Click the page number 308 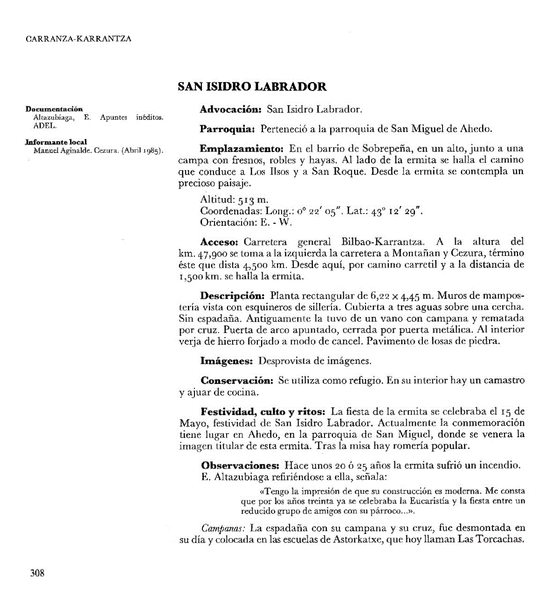pyautogui.click(x=37, y=573)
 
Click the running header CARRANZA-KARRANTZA pyautogui.click(x=79, y=39)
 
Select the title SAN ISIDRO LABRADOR pyautogui.click(x=252, y=87)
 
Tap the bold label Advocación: pyautogui.click(x=230, y=110)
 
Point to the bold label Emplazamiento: pyautogui.click(x=242, y=149)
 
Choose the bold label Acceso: pyautogui.click(x=219, y=242)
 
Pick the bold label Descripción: pyautogui.click(x=232, y=296)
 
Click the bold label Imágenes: pyautogui.click(x=226, y=361)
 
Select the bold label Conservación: pyautogui.click(x=237, y=381)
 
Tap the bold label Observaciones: pyautogui.click(x=240, y=465)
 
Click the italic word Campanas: pyautogui.click(x=223, y=528)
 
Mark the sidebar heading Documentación pyautogui.click(x=54, y=109)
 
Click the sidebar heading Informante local pyautogui.click(x=56, y=142)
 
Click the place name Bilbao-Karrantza pyautogui.click(x=382, y=242)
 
